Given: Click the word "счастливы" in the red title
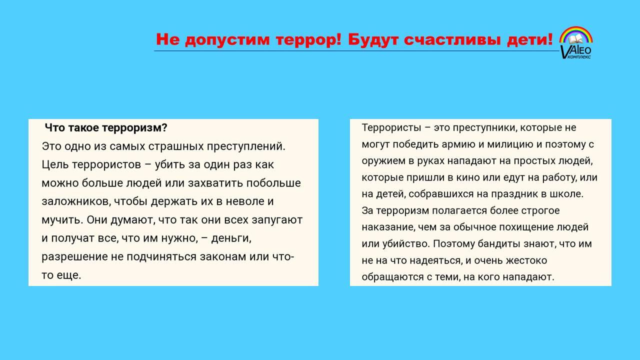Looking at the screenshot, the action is (x=452, y=40).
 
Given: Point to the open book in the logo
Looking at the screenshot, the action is (x=575, y=39).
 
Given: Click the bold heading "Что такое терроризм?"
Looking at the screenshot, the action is (x=106, y=128).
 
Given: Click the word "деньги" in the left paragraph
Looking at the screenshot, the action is (x=231, y=238).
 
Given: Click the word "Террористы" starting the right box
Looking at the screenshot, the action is (x=391, y=127).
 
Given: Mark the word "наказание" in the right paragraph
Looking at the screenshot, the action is (x=388, y=227).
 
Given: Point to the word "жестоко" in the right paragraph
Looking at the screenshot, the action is (x=526, y=261).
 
